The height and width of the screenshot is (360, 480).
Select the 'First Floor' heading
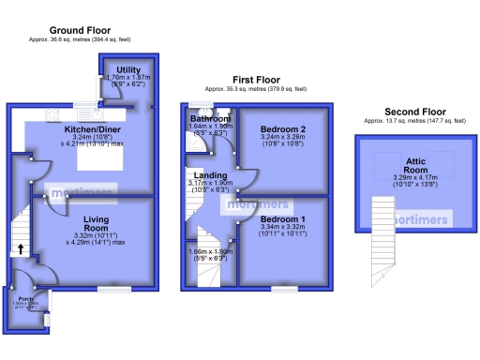pos(256,81)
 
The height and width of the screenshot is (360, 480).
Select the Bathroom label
pos(210,119)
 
